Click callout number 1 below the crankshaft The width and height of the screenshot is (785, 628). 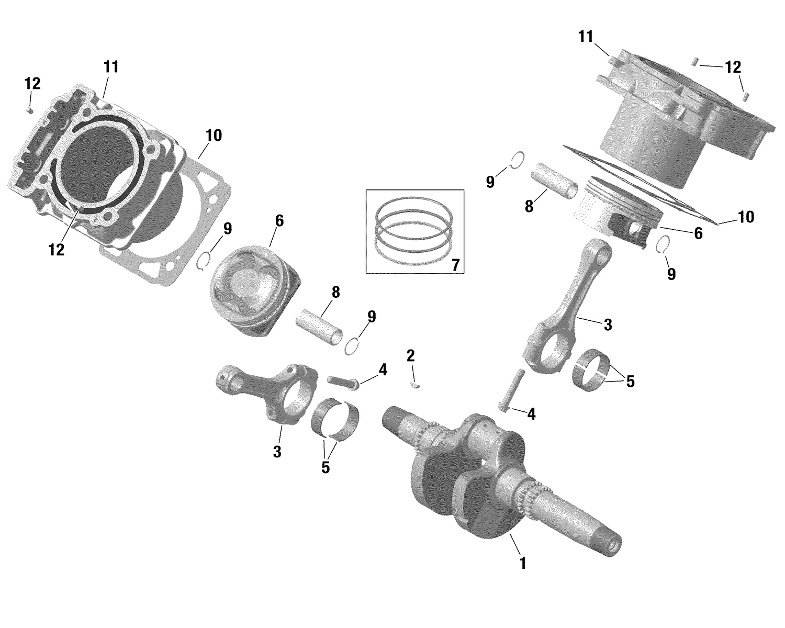[x=522, y=564]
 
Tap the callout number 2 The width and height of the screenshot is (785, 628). [x=410, y=356]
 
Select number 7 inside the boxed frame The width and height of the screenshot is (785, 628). [x=455, y=265]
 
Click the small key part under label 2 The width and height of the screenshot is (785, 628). [x=416, y=386]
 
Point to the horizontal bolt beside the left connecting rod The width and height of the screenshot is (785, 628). [x=343, y=382]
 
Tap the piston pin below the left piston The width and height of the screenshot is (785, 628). [x=319, y=326]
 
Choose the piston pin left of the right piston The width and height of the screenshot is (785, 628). [x=555, y=181]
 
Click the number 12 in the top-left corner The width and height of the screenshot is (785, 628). [x=32, y=84]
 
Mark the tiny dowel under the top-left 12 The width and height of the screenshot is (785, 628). [x=30, y=110]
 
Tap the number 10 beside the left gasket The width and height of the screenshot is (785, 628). [x=214, y=136]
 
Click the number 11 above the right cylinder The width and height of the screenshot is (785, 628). [x=586, y=37]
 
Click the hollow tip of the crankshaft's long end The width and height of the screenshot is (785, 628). [x=611, y=547]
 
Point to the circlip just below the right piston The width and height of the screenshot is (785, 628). [x=663, y=244]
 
